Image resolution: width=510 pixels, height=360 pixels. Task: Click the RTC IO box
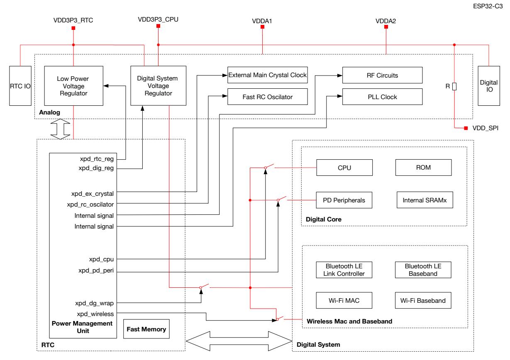pyautogui.click(x=20, y=86)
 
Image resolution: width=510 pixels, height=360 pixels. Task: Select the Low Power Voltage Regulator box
pyautogui.click(x=73, y=86)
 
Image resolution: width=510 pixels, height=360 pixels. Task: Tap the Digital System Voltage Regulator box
pyautogui.click(x=158, y=85)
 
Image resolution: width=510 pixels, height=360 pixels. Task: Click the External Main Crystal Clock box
pyautogui.click(x=268, y=75)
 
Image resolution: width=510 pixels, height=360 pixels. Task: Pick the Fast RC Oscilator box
pyautogui.click(x=268, y=97)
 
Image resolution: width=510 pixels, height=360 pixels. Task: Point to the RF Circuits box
pyautogui.click(x=383, y=75)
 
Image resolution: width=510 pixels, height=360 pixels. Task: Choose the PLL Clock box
pyautogui.click(x=383, y=97)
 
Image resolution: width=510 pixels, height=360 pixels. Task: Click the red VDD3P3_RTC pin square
pyautogui.click(x=73, y=28)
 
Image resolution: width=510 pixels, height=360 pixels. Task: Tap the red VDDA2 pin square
pyautogui.click(x=386, y=27)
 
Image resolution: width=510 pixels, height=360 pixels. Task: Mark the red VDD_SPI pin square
pyautogui.click(x=466, y=128)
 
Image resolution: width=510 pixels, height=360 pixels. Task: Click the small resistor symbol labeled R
pyautogui.click(x=454, y=86)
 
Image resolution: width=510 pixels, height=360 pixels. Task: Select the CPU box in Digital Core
pyautogui.click(x=344, y=168)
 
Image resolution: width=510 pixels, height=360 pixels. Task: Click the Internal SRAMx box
pyautogui.click(x=425, y=200)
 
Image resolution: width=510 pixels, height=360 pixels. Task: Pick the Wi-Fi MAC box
pyautogui.click(x=344, y=300)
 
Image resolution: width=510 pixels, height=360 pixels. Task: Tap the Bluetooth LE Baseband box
pyautogui.click(x=423, y=270)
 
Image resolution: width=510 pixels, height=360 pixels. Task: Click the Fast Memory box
pyautogui.click(x=146, y=329)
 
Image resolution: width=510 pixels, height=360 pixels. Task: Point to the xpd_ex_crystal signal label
pyautogui.click(x=93, y=194)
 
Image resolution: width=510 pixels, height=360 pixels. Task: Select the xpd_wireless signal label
pyautogui.click(x=95, y=314)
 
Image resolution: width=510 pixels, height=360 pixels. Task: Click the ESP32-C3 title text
pyautogui.click(x=488, y=6)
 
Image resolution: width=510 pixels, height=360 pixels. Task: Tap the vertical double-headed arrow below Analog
pyautogui.click(x=60, y=129)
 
